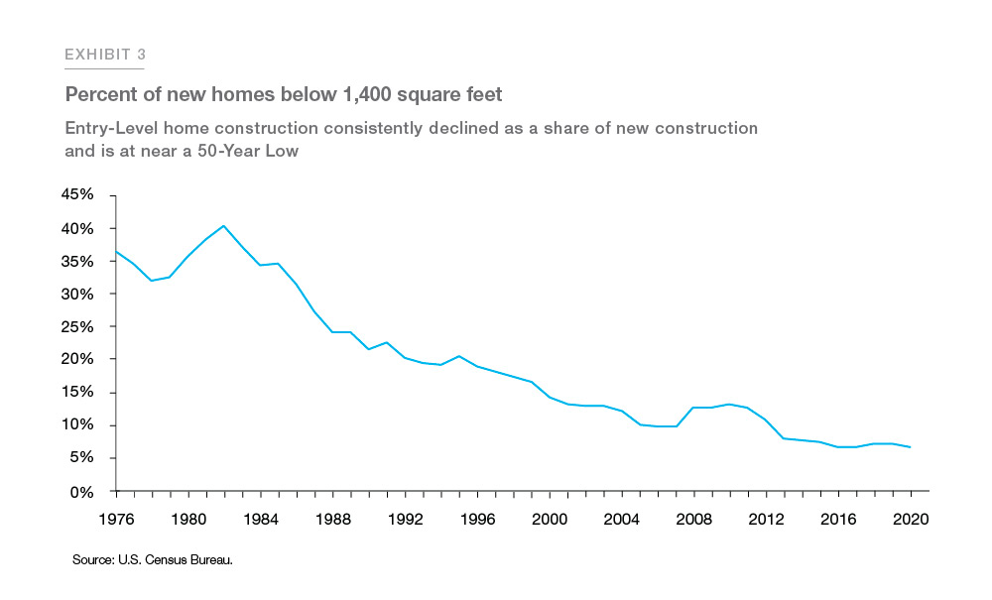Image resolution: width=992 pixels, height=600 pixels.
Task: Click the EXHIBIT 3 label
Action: point(105,55)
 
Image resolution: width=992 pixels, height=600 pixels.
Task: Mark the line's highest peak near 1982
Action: point(224,225)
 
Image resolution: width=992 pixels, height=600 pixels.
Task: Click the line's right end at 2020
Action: point(912,447)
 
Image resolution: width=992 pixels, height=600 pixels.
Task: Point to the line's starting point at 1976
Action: point(116,251)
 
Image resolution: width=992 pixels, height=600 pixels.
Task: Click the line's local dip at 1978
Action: point(152,281)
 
